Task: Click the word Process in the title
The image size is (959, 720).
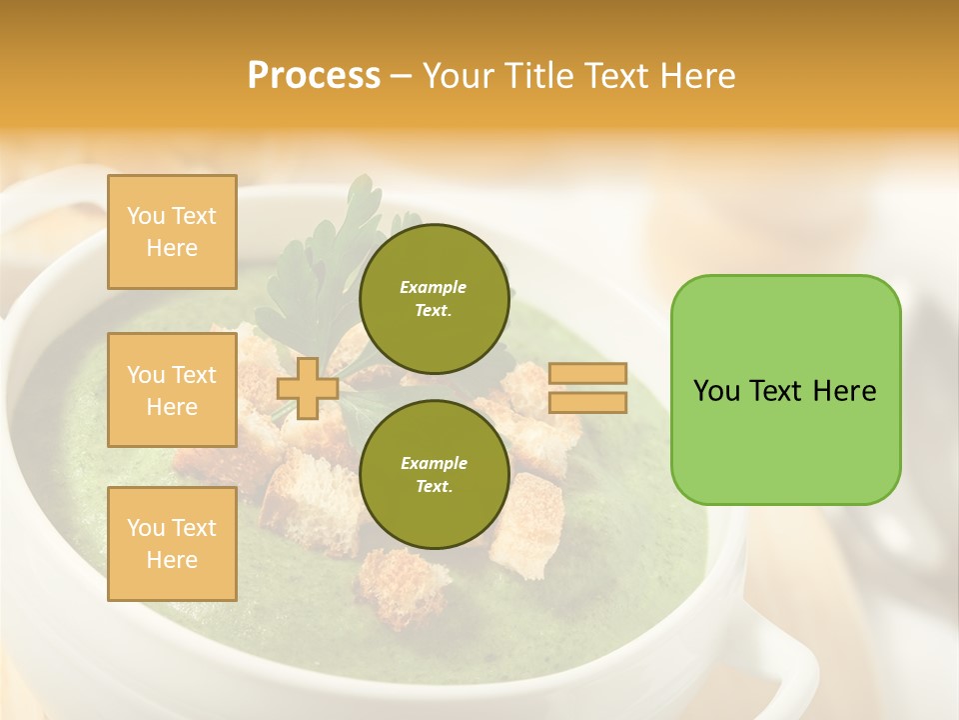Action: pyautogui.click(x=314, y=76)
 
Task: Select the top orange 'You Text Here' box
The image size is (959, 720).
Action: pyautogui.click(x=172, y=232)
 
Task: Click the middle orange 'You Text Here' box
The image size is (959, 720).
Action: pyautogui.click(x=172, y=390)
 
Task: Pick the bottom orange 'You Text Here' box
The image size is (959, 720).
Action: pyautogui.click(x=172, y=544)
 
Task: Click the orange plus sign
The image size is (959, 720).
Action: pyautogui.click(x=307, y=388)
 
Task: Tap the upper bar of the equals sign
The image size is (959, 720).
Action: pyautogui.click(x=588, y=373)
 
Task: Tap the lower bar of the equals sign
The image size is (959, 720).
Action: pyautogui.click(x=588, y=403)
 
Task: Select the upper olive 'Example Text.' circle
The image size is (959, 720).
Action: pyautogui.click(x=434, y=298)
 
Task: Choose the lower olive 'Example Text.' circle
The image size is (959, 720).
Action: pyautogui.click(x=434, y=474)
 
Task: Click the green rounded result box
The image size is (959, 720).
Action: pyautogui.click(x=785, y=390)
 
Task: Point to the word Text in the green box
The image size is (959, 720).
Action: pyautogui.click(x=779, y=391)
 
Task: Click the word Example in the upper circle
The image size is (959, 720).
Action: pyautogui.click(x=434, y=287)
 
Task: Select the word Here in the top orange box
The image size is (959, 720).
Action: pyautogui.click(x=172, y=248)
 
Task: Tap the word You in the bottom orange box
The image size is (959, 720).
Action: pyautogui.click(x=146, y=528)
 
